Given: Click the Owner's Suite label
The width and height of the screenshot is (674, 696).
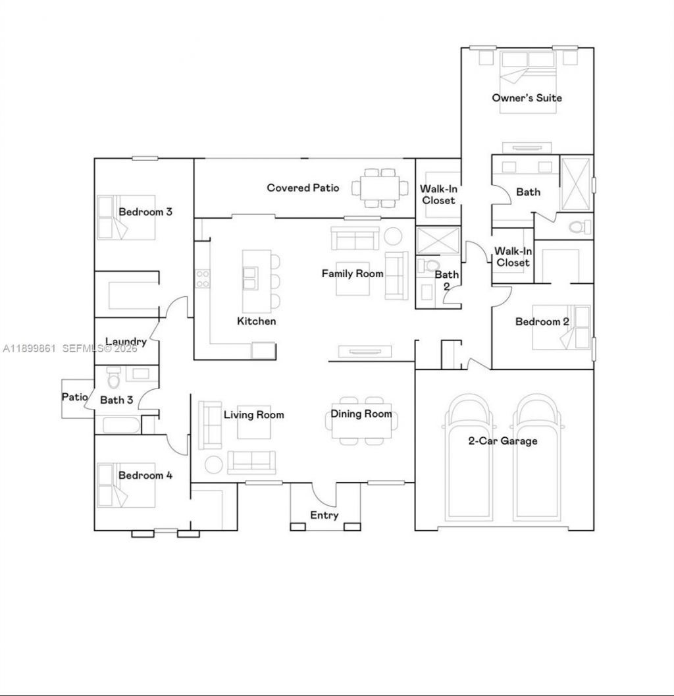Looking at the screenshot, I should (527, 97).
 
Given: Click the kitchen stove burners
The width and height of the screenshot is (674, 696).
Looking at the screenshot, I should (202, 279).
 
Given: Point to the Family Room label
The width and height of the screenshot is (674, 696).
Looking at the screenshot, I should (352, 273).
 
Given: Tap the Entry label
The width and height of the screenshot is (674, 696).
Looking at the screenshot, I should (324, 515).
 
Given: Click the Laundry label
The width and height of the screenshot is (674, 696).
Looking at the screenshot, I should (126, 341).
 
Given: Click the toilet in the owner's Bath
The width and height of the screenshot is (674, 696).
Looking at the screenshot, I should (579, 228).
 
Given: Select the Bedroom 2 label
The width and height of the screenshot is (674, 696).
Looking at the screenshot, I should (542, 321).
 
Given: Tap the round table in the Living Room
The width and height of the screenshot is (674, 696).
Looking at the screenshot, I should (213, 464).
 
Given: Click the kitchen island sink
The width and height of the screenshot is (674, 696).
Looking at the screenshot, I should (249, 284).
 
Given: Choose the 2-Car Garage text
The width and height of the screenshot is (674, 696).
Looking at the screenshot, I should (503, 441).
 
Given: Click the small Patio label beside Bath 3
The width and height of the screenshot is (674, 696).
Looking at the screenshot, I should (74, 397).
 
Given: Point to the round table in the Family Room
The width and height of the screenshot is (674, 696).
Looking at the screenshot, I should (394, 235).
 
